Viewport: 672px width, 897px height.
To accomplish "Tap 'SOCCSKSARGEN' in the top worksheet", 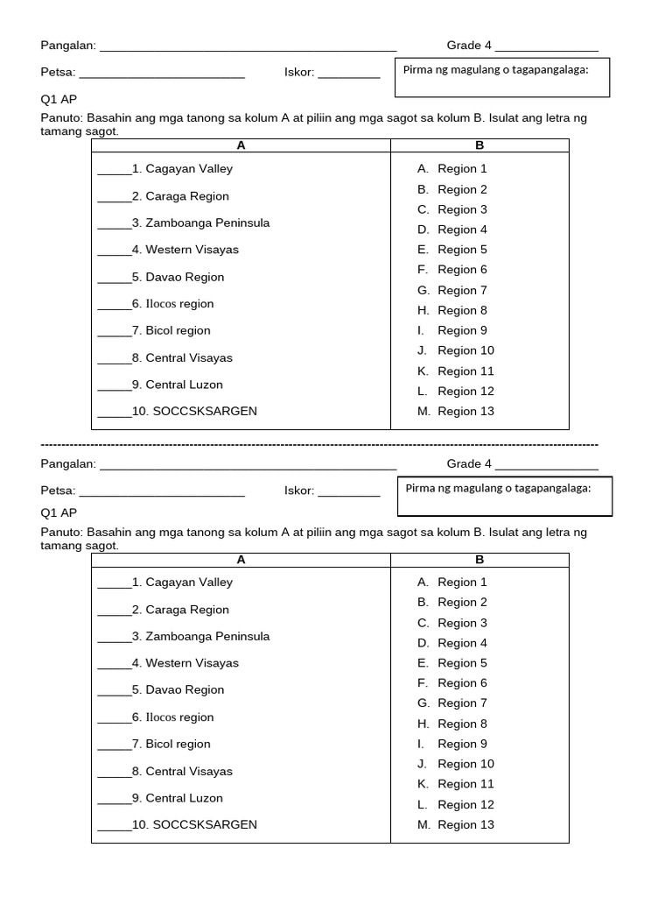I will (205, 411).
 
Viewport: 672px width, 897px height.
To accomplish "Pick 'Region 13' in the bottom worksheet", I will (465, 825).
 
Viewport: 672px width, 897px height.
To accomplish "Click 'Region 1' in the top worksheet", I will (462, 169).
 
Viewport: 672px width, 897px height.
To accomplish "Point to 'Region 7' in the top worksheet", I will (462, 290).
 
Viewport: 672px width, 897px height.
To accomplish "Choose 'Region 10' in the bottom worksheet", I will (465, 765).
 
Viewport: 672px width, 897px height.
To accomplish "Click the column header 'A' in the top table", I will (241, 145).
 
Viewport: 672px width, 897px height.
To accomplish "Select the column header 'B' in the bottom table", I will (479, 559).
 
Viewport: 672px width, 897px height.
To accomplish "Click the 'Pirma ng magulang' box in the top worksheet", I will (502, 77).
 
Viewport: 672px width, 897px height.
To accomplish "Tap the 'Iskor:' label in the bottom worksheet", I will (299, 491).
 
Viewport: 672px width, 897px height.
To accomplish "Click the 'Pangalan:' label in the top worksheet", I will (68, 46).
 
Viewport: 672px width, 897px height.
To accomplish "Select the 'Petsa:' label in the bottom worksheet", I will (58, 491).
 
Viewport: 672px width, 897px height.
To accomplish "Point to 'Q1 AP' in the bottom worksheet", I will (59, 513).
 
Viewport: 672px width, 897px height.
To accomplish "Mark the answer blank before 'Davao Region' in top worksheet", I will (114, 278).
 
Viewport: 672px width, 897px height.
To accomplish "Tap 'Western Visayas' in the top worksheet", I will (192, 250).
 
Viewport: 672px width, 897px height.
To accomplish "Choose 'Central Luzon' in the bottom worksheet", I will (184, 798).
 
